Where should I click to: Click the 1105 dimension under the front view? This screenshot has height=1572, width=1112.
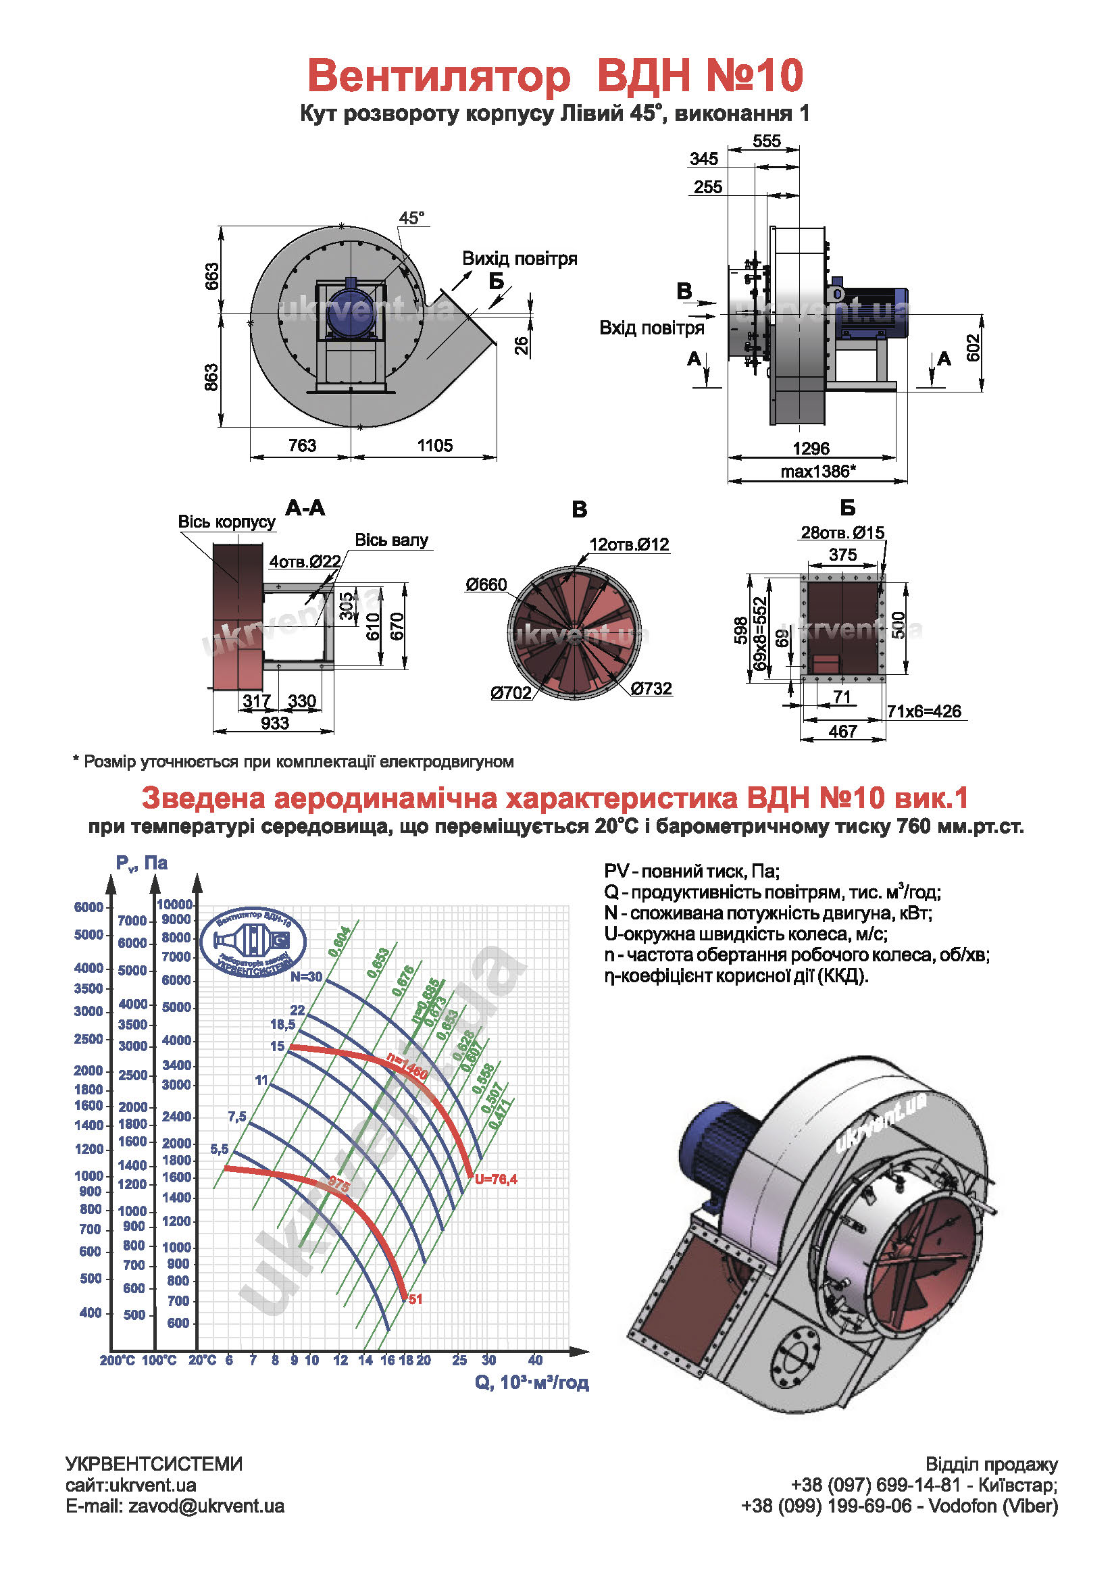435,446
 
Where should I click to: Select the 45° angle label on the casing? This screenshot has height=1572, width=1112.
411,218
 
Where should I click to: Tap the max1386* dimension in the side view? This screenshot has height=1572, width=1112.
817,472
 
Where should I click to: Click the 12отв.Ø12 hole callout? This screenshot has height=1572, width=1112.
629,544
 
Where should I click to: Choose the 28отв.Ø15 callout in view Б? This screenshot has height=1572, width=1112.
842,533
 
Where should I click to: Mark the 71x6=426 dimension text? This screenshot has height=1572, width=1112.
924,711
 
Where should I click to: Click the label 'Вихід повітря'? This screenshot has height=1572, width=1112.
519,259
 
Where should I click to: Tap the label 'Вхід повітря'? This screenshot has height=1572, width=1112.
651,328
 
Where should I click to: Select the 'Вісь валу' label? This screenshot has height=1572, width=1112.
391,540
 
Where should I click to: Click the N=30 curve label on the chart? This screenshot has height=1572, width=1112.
306,977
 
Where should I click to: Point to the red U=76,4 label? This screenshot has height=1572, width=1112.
496,1179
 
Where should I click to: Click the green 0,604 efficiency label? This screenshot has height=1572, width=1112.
340,942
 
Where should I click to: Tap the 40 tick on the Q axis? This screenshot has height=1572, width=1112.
536,1361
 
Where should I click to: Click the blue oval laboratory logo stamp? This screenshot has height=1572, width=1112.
253,942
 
